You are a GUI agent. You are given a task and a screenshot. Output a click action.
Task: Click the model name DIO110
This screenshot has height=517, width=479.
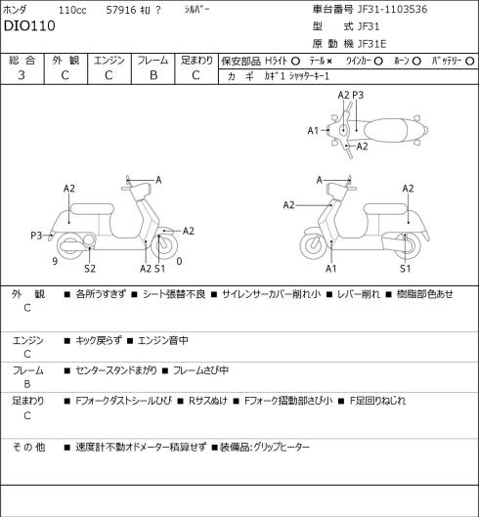click(x=29, y=25)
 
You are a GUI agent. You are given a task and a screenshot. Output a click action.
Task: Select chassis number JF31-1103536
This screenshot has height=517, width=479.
click(x=393, y=9)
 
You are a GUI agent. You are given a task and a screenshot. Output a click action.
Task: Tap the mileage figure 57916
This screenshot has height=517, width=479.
click(x=121, y=10)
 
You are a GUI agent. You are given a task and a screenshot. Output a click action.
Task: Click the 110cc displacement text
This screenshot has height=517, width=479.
click(x=72, y=10)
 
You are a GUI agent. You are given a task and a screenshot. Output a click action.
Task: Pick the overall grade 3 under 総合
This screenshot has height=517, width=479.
click(x=22, y=75)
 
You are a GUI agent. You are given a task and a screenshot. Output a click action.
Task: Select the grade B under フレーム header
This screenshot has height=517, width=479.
click(x=153, y=75)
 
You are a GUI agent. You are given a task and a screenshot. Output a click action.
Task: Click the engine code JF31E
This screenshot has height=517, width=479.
click(x=371, y=44)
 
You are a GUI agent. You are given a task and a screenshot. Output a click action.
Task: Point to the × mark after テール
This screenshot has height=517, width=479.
click(x=328, y=61)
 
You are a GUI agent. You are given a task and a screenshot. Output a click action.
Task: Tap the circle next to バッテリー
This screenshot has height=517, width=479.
click(x=470, y=61)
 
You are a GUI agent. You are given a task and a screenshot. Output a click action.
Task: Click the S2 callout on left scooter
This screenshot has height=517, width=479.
click(x=90, y=269)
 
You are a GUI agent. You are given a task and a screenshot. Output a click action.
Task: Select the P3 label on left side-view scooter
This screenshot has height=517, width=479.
click(x=36, y=236)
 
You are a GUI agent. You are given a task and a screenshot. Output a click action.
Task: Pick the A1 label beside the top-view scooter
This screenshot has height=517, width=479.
click(x=313, y=131)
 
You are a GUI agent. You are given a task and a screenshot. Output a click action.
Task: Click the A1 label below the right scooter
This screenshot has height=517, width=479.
click(x=330, y=269)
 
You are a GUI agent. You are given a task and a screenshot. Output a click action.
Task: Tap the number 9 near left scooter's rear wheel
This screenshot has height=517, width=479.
click(x=55, y=261)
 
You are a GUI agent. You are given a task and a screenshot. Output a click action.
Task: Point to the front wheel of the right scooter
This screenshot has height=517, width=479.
click(x=313, y=245)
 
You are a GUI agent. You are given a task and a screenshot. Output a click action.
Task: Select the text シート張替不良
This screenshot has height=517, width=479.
click(x=174, y=294)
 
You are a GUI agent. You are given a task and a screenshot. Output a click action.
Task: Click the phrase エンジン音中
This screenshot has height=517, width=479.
click(x=162, y=340)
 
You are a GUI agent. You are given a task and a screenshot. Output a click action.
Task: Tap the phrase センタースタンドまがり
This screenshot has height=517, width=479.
click(x=116, y=370)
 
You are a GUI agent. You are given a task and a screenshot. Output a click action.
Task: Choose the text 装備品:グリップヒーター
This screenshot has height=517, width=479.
click(x=265, y=447)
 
